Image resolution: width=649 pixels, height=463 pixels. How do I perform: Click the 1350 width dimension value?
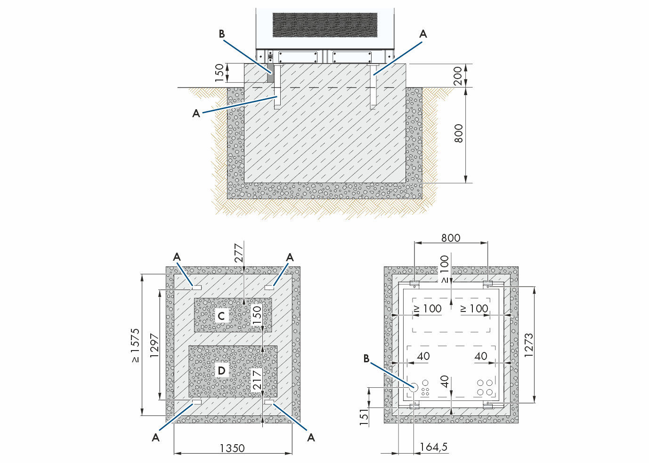pyautogui.click(x=232, y=448)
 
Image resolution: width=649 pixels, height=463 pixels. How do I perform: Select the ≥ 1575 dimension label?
pyautogui.click(x=135, y=345)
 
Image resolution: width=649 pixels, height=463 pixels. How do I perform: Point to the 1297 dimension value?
pyautogui.click(x=154, y=345)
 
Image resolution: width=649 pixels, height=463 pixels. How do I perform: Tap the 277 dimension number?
pyautogui.click(x=239, y=253)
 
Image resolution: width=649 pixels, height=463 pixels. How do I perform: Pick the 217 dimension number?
pyautogui.click(x=257, y=380)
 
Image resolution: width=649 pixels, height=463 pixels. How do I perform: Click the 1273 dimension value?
pyautogui.click(x=528, y=345)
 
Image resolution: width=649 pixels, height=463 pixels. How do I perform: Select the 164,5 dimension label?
pyautogui.click(x=434, y=447)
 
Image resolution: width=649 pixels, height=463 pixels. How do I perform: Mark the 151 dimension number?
pyautogui.click(x=365, y=417)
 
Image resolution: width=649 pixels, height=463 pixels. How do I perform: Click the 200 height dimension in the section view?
pyautogui.click(x=458, y=76)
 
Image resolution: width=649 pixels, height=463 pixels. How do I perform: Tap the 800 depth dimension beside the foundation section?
pyautogui.click(x=458, y=134)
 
